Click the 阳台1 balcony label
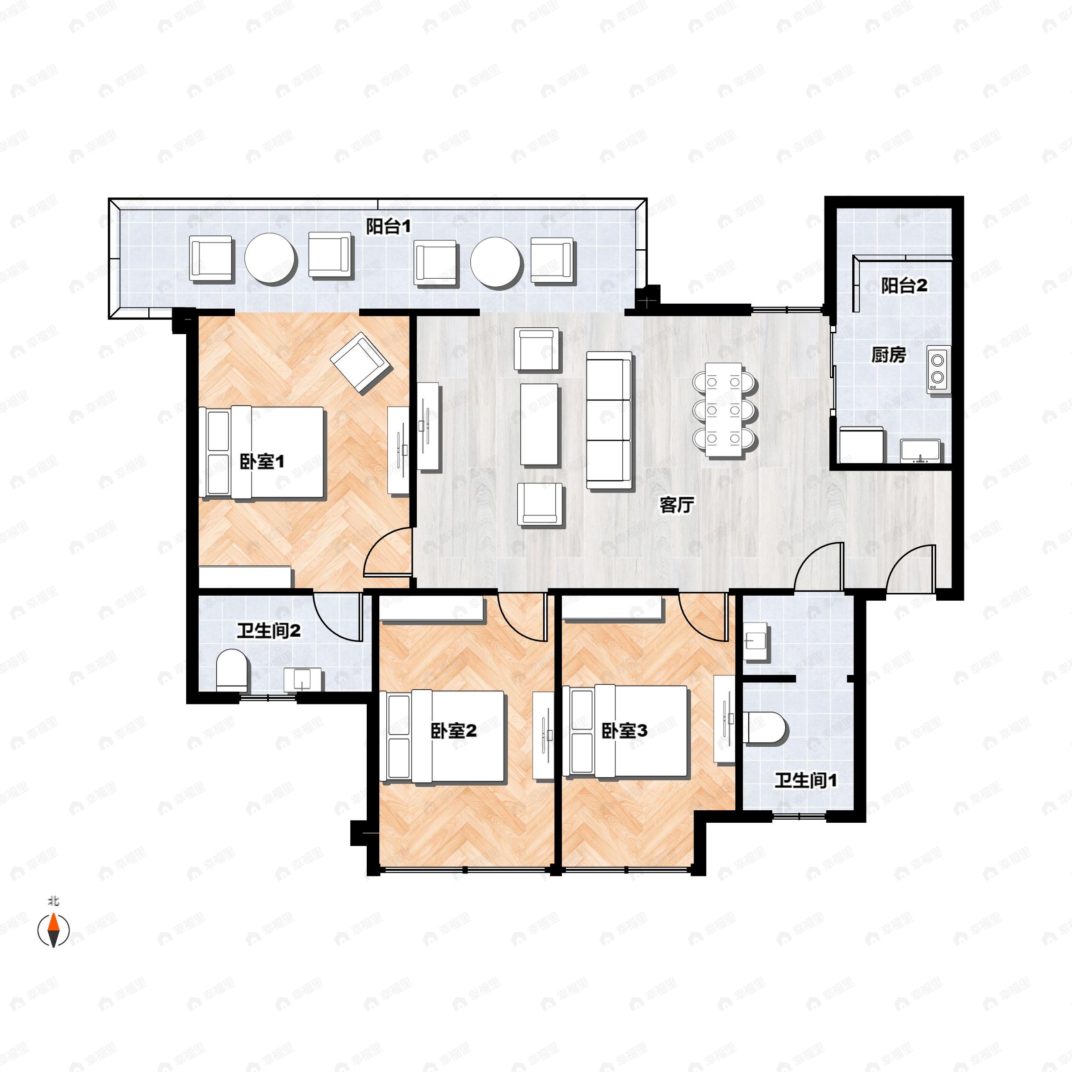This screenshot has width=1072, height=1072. (389, 226)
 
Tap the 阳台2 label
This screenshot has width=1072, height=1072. (904, 286)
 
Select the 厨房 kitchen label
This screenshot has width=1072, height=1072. (889, 355)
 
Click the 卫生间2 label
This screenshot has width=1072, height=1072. (269, 631)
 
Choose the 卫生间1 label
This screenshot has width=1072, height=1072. (806, 781)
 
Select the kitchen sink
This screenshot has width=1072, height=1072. (921, 451)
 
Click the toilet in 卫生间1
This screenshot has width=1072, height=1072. (768, 728)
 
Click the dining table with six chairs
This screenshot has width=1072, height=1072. (724, 410)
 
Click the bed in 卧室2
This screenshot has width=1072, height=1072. (443, 736)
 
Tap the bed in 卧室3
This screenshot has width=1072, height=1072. (625, 731)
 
